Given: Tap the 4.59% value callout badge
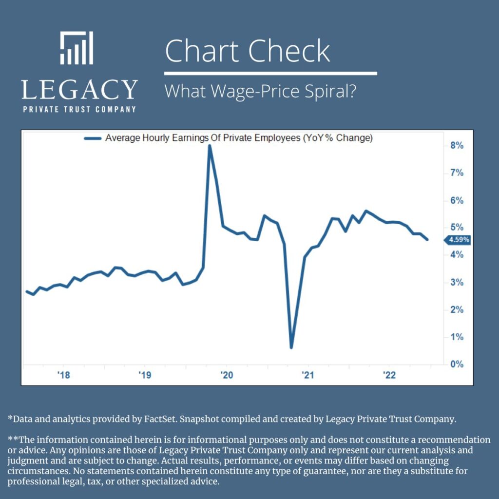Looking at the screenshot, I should tap(458, 239).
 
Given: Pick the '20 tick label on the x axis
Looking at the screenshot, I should tap(226, 375).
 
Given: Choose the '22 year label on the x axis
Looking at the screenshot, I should tap(389, 375).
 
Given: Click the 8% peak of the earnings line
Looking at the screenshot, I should tap(210, 146).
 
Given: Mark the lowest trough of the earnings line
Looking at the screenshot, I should tap(291, 347).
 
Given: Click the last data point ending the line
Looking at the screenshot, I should tap(427, 239).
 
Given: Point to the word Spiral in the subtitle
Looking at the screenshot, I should tap(327, 91).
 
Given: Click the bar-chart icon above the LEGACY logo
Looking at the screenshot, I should tap(77, 48).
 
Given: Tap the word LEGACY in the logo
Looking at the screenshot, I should tap(79, 90).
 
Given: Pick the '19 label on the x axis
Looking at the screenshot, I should tap(145, 375).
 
